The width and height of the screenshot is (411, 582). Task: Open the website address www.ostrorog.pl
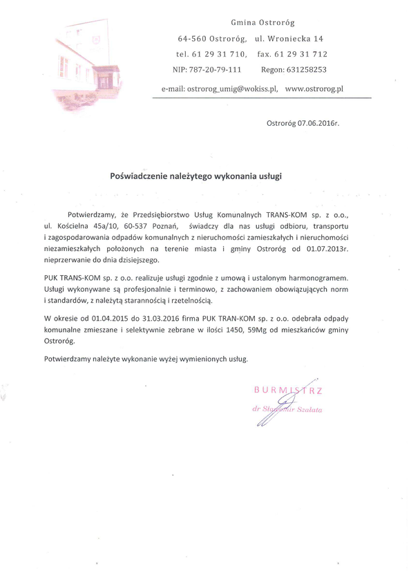[314, 89]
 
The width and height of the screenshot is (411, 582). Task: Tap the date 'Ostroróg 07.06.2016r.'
[303, 123]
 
